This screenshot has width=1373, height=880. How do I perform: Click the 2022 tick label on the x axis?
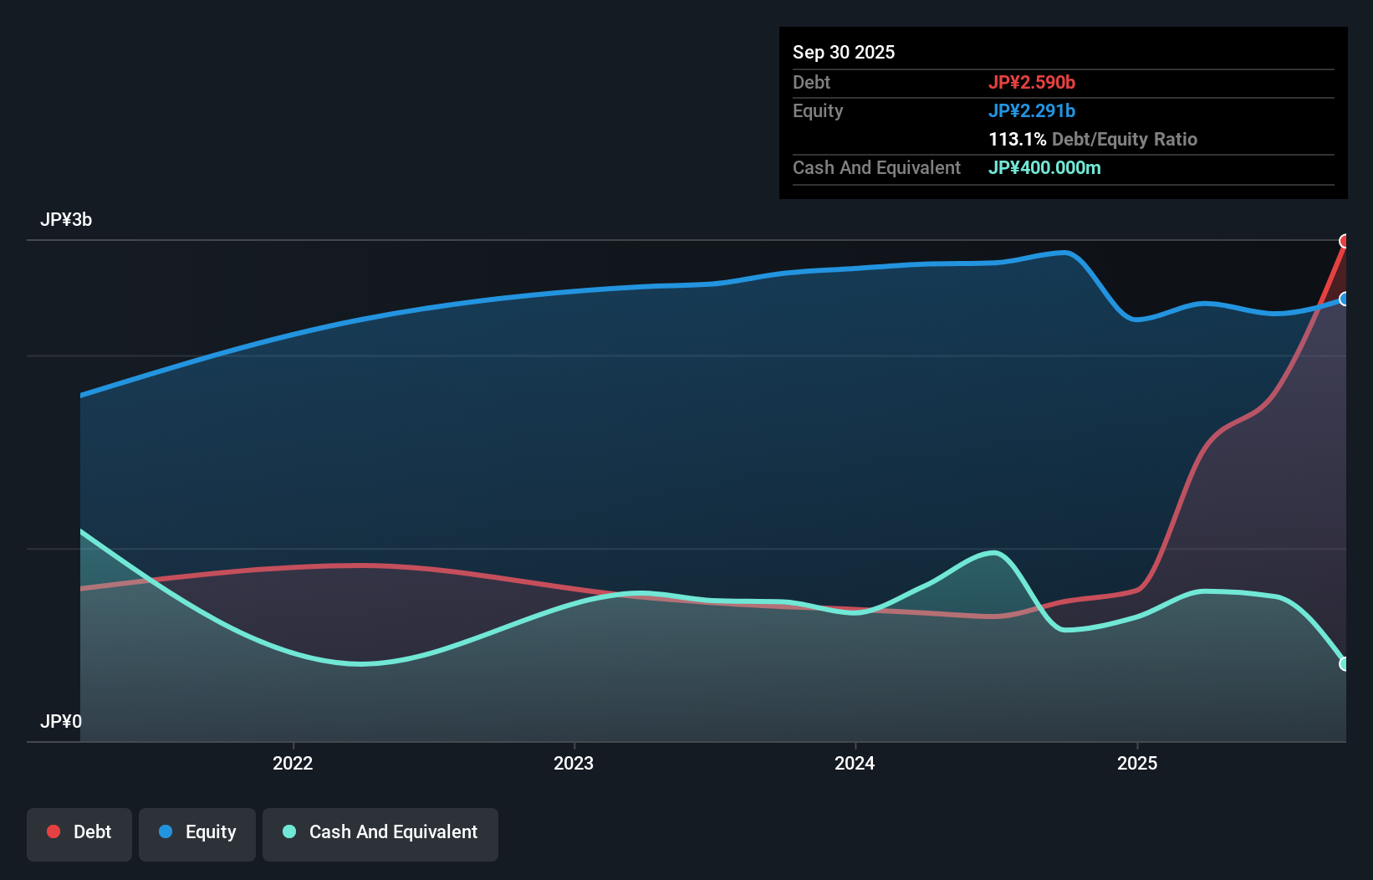coord(293,763)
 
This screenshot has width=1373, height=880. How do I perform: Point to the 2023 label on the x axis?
coord(574,763)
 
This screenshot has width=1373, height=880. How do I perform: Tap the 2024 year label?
coord(855,763)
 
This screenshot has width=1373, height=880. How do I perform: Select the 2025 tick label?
coord(1137,763)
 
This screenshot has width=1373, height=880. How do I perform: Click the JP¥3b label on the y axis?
coord(66,220)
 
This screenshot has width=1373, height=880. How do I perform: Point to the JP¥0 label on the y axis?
coord(61,721)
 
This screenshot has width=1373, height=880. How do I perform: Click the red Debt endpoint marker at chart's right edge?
coord(1345,242)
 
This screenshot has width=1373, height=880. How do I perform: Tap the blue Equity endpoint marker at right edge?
coord(1345,299)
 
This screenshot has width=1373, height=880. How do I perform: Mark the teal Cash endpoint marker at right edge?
coord(1345,663)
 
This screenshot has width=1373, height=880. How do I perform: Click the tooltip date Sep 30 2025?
coord(843,52)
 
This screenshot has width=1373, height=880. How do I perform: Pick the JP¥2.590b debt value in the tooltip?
coord(1031,82)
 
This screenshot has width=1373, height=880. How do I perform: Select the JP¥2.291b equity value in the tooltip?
coord(1031,110)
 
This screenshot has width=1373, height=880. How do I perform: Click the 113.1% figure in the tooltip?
coord(1017,139)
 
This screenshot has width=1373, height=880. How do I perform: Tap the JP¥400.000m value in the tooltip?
coord(1044,167)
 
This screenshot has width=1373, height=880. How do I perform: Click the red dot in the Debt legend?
coord(54,831)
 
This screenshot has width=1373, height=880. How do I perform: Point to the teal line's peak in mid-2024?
coord(993,552)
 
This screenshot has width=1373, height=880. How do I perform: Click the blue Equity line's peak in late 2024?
coord(1064,253)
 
